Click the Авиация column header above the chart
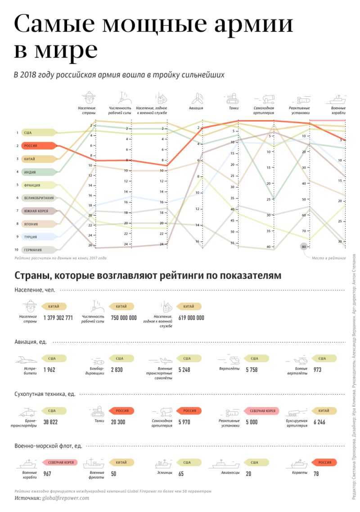point(196,108)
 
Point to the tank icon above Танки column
point(232,97)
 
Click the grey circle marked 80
point(304,247)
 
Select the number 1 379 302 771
point(58,318)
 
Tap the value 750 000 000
point(124,318)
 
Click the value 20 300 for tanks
point(118,422)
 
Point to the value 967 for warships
point(47,474)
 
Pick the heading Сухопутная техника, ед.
point(45,394)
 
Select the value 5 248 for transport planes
point(184,370)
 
